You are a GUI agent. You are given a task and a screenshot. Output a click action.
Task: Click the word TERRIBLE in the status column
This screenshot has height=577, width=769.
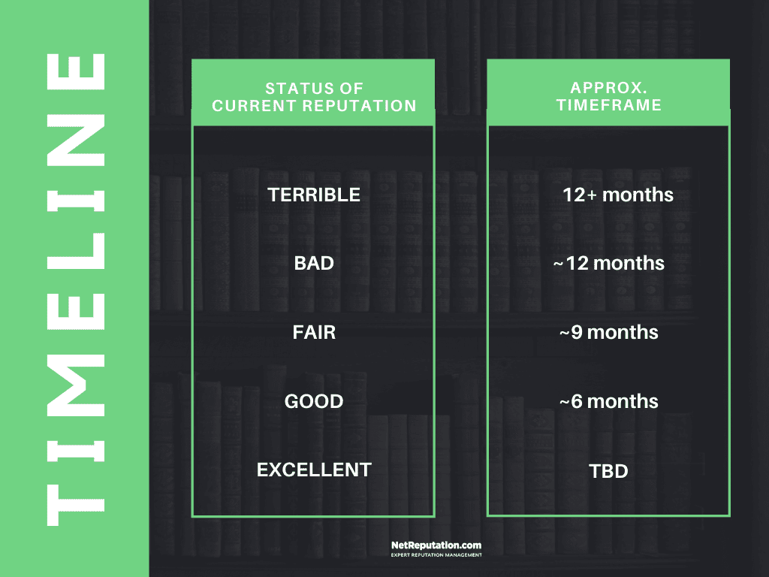click(x=314, y=195)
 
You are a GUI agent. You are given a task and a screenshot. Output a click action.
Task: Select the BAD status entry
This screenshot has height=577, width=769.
click(x=314, y=264)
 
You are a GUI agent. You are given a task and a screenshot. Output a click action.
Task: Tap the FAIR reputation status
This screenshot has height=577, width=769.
click(x=314, y=332)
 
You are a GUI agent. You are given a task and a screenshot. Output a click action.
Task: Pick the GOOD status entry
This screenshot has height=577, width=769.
click(x=314, y=401)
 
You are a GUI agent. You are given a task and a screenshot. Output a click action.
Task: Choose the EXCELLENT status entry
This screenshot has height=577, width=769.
click(x=314, y=470)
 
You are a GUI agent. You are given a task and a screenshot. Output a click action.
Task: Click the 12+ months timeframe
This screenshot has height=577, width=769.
click(x=618, y=195)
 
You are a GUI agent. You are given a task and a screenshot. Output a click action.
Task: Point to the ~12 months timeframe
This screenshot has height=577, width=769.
click(x=608, y=264)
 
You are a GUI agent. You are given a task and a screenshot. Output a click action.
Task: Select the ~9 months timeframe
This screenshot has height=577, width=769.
click(x=608, y=332)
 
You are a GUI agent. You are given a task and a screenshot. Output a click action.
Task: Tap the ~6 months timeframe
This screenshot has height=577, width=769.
click(x=608, y=401)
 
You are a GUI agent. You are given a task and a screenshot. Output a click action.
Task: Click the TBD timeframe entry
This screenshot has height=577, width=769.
click(x=608, y=471)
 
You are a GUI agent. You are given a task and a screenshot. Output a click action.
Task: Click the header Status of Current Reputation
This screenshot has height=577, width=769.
click(x=314, y=97)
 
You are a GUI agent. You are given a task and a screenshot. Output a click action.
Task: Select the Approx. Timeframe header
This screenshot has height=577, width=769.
click(x=608, y=96)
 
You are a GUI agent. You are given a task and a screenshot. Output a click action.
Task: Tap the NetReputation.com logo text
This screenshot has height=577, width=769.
click(x=436, y=545)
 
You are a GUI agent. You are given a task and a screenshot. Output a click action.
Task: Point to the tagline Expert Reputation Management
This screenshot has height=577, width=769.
click(x=436, y=555)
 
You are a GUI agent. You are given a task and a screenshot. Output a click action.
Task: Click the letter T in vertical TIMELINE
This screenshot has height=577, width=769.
click(x=76, y=506)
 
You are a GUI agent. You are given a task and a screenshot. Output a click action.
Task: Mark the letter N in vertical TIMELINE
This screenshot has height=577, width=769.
click(x=76, y=140)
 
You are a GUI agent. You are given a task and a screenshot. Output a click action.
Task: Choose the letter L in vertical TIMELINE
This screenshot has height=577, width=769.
click(x=76, y=251)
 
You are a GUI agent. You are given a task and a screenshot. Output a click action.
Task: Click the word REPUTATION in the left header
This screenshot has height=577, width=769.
click(x=358, y=105)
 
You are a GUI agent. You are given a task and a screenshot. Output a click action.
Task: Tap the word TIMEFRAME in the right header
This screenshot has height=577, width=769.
click(x=608, y=105)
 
